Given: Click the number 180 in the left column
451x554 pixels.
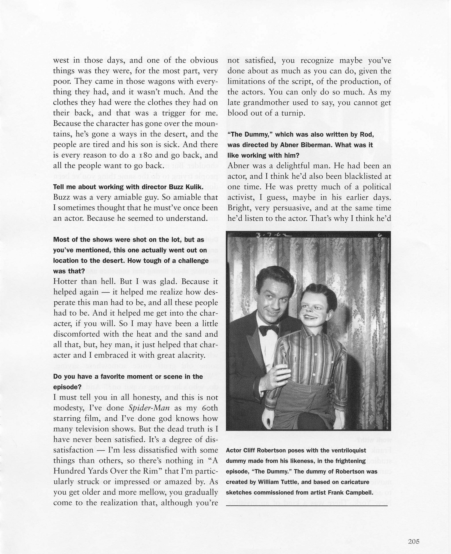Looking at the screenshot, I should (141, 155).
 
